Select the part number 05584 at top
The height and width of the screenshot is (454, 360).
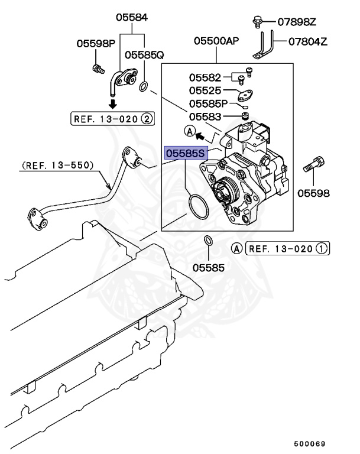coord(131,18)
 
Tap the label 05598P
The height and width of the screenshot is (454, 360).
coord(96,43)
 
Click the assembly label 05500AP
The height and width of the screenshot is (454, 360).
coord(216,41)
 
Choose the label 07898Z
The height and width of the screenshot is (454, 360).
coord(297,22)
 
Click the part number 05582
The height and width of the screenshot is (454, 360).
coord(205,77)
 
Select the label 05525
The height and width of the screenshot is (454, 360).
coord(205,90)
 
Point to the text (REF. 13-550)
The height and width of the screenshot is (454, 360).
coord(57,166)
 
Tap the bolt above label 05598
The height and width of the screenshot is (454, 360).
coord(313,164)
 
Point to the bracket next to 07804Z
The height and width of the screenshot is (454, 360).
coord(263,48)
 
